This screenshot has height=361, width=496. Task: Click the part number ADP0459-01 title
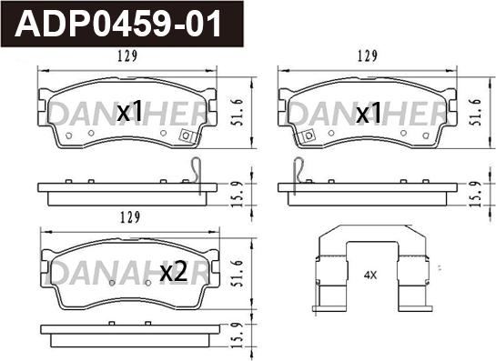point(118,24)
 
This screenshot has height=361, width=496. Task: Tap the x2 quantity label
point(174,273)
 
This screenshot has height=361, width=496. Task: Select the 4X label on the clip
point(370,276)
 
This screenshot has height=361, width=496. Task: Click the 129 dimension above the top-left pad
point(127,56)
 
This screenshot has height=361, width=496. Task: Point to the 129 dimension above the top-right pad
point(368,56)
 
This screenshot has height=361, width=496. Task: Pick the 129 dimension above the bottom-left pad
point(130,217)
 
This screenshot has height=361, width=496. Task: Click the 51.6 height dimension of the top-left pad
point(238,112)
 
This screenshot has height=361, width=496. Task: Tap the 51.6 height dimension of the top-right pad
point(476,112)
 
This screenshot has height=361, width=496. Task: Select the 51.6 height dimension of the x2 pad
point(238,274)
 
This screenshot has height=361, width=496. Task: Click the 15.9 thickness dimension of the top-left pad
point(238,194)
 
